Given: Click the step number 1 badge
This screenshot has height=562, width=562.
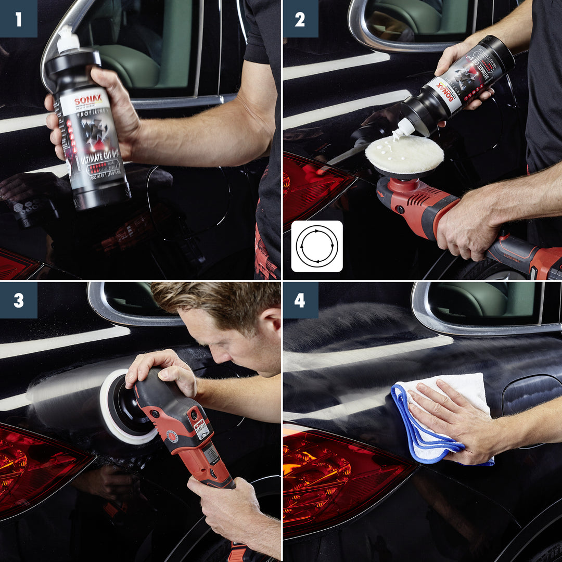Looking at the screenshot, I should click(19, 19).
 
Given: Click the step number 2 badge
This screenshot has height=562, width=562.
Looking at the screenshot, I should click(300, 19).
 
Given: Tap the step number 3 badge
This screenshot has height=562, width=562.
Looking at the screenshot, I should click(19, 300).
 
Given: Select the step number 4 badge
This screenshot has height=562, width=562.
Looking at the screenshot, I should click(300, 300).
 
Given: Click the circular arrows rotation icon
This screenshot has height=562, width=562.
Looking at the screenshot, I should click(317, 246).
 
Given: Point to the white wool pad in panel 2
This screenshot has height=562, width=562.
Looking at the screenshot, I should click(404, 155).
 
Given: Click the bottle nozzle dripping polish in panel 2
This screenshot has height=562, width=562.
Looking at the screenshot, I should click(405, 128).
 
